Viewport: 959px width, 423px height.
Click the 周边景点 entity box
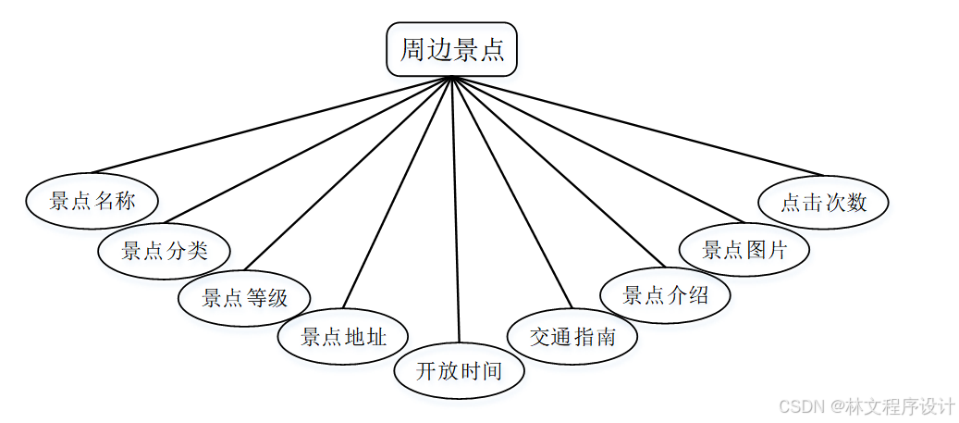(451, 49)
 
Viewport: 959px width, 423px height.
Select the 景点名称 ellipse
(92, 201)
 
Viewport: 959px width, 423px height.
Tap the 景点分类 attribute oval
(165, 250)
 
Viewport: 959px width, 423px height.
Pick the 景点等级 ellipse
(244, 298)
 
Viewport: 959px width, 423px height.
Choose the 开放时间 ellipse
(460, 372)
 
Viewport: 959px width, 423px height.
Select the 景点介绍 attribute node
(666, 296)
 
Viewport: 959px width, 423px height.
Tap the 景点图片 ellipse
(744, 250)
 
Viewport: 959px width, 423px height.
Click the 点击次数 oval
(823, 203)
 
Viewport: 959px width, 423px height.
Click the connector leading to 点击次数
(638, 126)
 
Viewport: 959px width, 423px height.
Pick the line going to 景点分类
(305, 151)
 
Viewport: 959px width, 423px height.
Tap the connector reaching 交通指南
(511, 193)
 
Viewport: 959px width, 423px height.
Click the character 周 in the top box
(413, 49)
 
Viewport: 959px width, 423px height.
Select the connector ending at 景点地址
(398, 193)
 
